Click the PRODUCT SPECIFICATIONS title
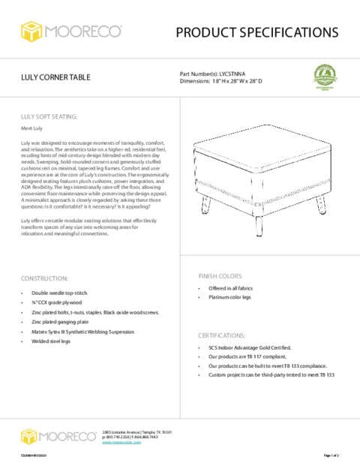click(x=256, y=32)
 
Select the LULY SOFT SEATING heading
click(x=49, y=117)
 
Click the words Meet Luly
click(x=31, y=129)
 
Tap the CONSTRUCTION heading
click(x=44, y=278)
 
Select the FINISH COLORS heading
click(x=220, y=275)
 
